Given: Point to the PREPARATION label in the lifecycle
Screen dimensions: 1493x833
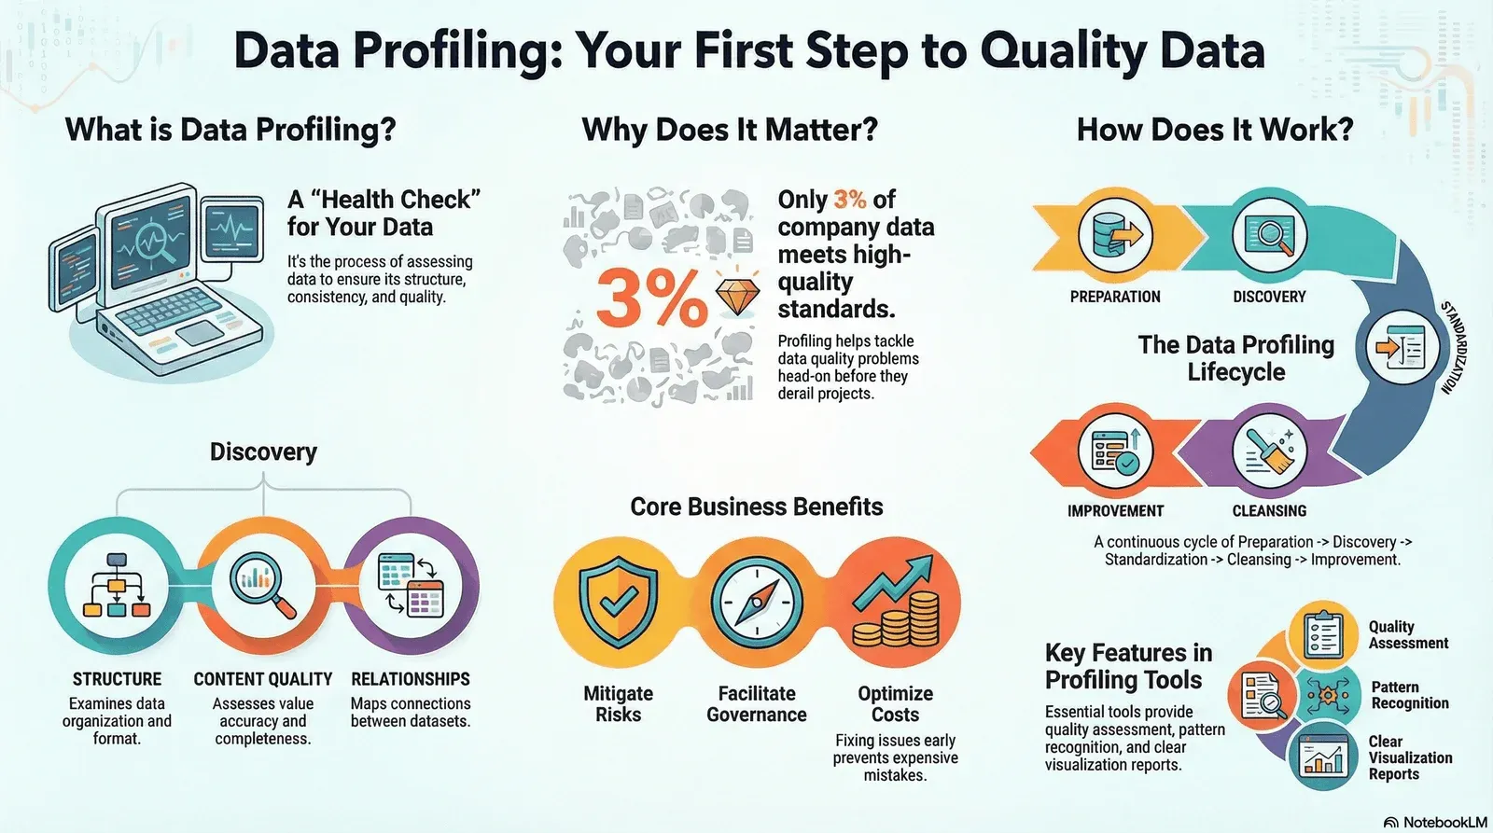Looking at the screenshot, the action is pos(1115,297).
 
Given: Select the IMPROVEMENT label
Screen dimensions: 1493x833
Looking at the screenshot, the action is pos(1115,511).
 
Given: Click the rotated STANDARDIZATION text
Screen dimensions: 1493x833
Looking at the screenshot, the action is pos(1453,347).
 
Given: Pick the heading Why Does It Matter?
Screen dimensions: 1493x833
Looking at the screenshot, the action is pos(730,130).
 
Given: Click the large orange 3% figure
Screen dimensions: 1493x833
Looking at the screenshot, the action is pos(651,298).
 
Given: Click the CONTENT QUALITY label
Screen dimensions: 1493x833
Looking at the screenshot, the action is pos(262,679).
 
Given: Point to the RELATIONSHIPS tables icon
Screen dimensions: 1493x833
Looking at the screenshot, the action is pos(411,584).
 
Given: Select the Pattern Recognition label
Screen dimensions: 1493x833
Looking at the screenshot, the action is pos(1410,695).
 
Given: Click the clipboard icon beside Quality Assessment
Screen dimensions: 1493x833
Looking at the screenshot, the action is pos(1324,633).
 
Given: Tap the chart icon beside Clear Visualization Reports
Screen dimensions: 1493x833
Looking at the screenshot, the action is pos(1324,757).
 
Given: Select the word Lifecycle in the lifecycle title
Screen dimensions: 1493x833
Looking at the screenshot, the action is pos(1236,372).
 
